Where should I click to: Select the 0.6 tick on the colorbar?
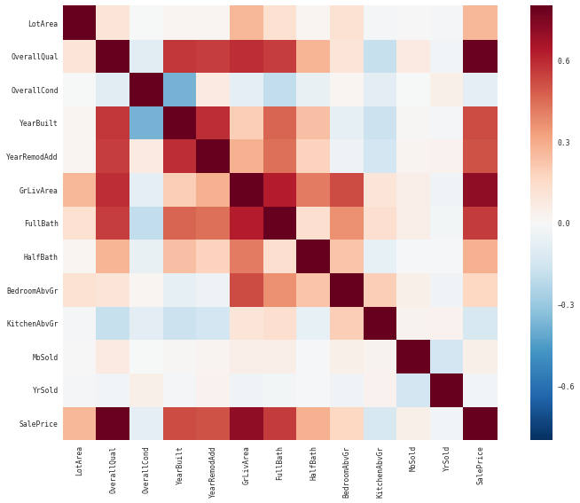pos(563,61)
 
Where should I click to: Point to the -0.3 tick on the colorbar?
pos(563,304)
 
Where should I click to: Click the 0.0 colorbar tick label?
pos(563,224)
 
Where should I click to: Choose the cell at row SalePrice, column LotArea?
pos(80,423)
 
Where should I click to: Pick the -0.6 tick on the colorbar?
pos(563,386)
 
